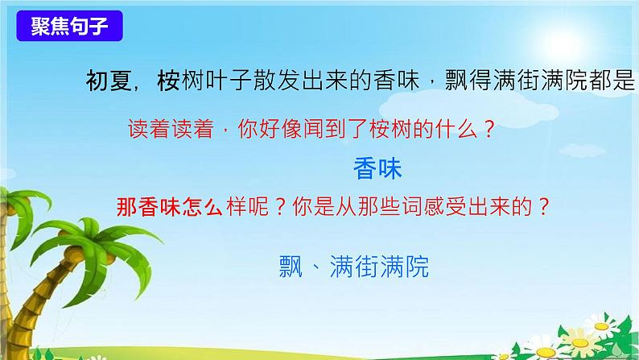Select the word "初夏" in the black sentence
(x=105, y=81)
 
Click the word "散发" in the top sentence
(x=282, y=81)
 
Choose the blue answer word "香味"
(x=377, y=169)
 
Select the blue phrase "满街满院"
(x=379, y=266)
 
